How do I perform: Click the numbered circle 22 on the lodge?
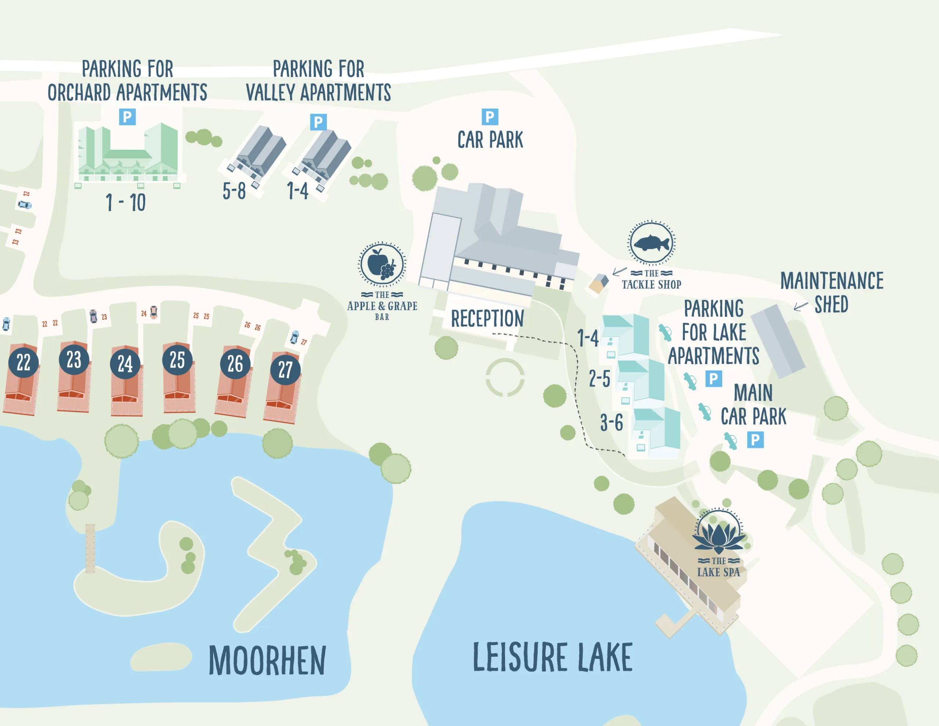23,362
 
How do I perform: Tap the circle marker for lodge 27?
285,369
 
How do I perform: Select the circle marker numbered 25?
177,360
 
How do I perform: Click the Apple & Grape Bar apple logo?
381,264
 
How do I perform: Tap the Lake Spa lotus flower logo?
719,532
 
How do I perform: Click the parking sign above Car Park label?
490,117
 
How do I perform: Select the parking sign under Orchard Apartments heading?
127,117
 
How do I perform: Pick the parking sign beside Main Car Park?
755,440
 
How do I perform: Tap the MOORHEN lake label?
267,661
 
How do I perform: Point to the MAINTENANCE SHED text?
832,292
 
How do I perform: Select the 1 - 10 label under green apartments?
125,202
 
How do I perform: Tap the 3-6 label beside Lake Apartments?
611,422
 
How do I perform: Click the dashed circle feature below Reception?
505,377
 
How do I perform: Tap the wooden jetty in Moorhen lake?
90,548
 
